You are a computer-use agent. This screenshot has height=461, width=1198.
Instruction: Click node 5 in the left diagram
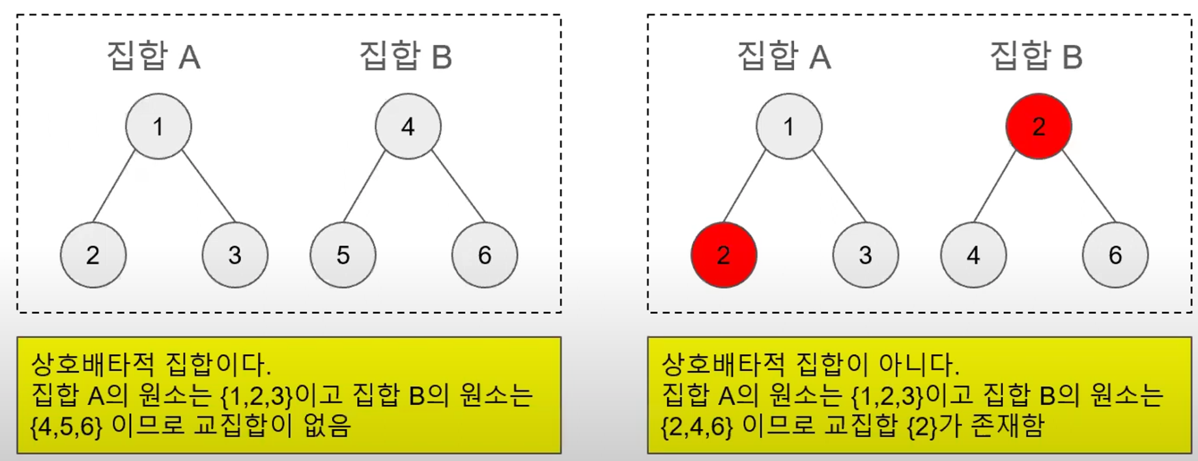click(x=343, y=255)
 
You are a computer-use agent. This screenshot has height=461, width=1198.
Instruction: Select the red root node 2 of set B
click(x=1038, y=126)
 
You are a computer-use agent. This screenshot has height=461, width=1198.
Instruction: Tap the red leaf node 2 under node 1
click(x=724, y=255)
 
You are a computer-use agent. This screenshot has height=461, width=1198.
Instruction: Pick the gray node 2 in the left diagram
click(x=93, y=255)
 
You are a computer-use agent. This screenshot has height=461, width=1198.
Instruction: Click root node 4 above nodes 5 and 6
click(x=408, y=126)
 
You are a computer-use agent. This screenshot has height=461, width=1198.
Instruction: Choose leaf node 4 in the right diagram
click(x=973, y=255)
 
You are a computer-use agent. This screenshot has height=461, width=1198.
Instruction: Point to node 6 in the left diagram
click(x=485, y=255)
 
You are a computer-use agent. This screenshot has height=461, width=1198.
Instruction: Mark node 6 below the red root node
click(x=1115, y=255)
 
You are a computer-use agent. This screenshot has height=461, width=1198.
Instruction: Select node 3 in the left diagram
click(x=235, y=255)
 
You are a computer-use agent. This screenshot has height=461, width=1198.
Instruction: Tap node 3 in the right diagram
click(x=865, y=255)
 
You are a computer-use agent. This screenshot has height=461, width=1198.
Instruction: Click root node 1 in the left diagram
click(x=158, y=126)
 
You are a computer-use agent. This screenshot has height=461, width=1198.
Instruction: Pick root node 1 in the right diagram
click(x=789, y=126)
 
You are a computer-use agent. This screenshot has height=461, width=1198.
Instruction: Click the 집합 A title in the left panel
click(x=154, y=56)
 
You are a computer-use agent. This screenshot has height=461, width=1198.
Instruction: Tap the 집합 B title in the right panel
click(x=1036, y=56)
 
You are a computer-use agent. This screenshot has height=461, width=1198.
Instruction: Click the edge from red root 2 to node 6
click(x=1088, y=186)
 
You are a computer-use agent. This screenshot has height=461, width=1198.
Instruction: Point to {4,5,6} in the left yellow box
click(x=66, y=426)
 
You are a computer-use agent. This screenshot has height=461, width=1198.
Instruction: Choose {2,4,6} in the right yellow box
click(x=697, y=426)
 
